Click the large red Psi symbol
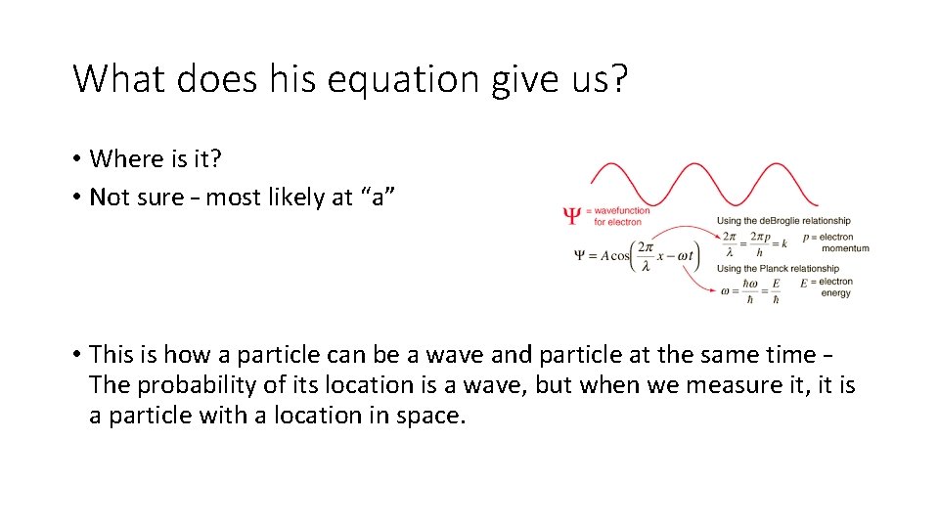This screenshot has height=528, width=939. click(572, 215)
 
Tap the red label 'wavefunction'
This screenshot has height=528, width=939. click(624, 210)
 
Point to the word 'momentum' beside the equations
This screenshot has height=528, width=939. click(845, 248)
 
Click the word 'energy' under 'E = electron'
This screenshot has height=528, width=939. click(835, 293)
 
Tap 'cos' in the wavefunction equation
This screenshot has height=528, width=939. click(622, 256)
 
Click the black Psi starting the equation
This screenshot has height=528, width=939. click(580, 256)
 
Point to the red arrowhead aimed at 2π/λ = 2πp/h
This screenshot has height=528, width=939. click(712, 240)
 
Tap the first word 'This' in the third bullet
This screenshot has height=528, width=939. click(112, 355)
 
